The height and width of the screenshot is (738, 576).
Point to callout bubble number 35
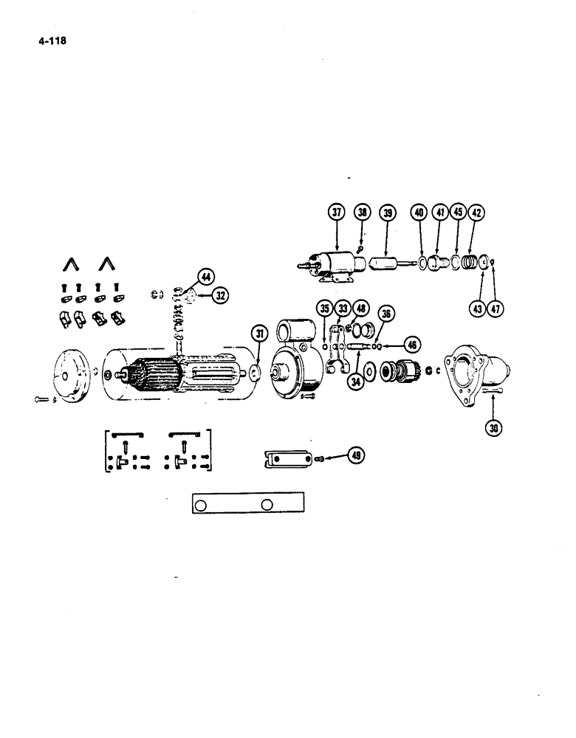point(324,308)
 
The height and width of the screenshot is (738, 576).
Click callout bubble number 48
point(360,308)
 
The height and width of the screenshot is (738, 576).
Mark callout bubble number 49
point(357,456)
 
